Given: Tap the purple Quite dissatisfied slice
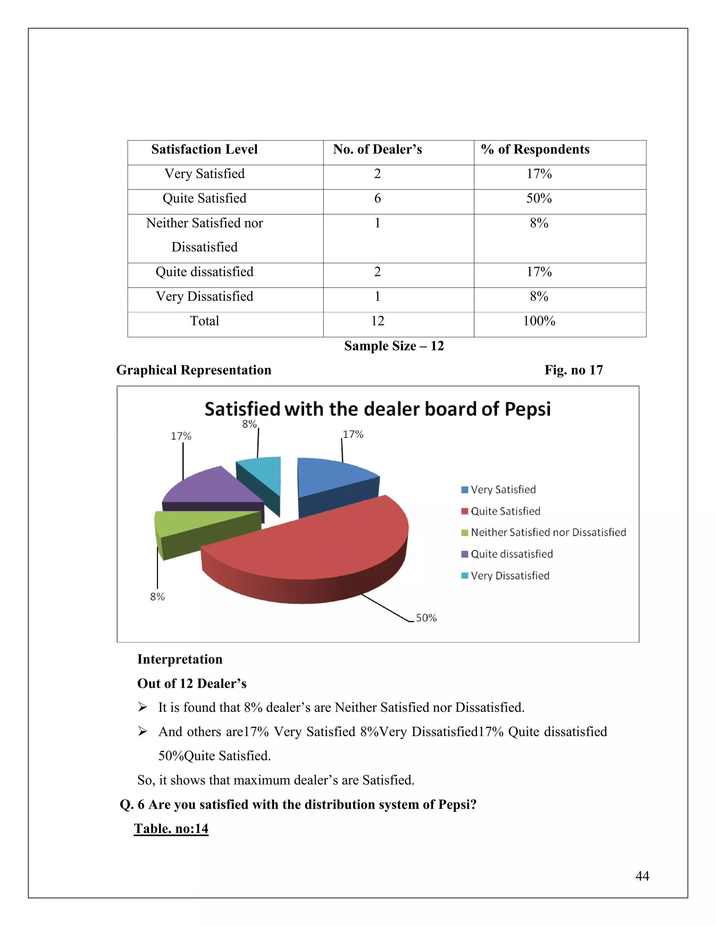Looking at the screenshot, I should coord(208,487).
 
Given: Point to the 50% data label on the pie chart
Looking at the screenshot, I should coord(426,618).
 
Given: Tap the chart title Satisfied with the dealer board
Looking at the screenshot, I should coord(378,409).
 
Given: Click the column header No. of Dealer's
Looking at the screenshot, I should coord(378,150).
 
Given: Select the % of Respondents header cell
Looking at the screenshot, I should coord(535,150).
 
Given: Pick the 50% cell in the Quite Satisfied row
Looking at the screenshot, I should coord(539,198).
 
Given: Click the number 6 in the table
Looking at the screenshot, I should coord(378,198).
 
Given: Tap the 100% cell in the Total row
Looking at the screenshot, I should coord(539,321).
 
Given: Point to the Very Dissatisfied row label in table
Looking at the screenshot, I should coord(205,296).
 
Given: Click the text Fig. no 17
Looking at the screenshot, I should coord(573,370).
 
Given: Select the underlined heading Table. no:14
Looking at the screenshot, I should coord(171,829).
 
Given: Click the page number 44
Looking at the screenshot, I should coord(642,876).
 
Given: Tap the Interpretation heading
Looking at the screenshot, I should coord(180,659).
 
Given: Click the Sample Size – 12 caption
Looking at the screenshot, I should coord(394,346).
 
